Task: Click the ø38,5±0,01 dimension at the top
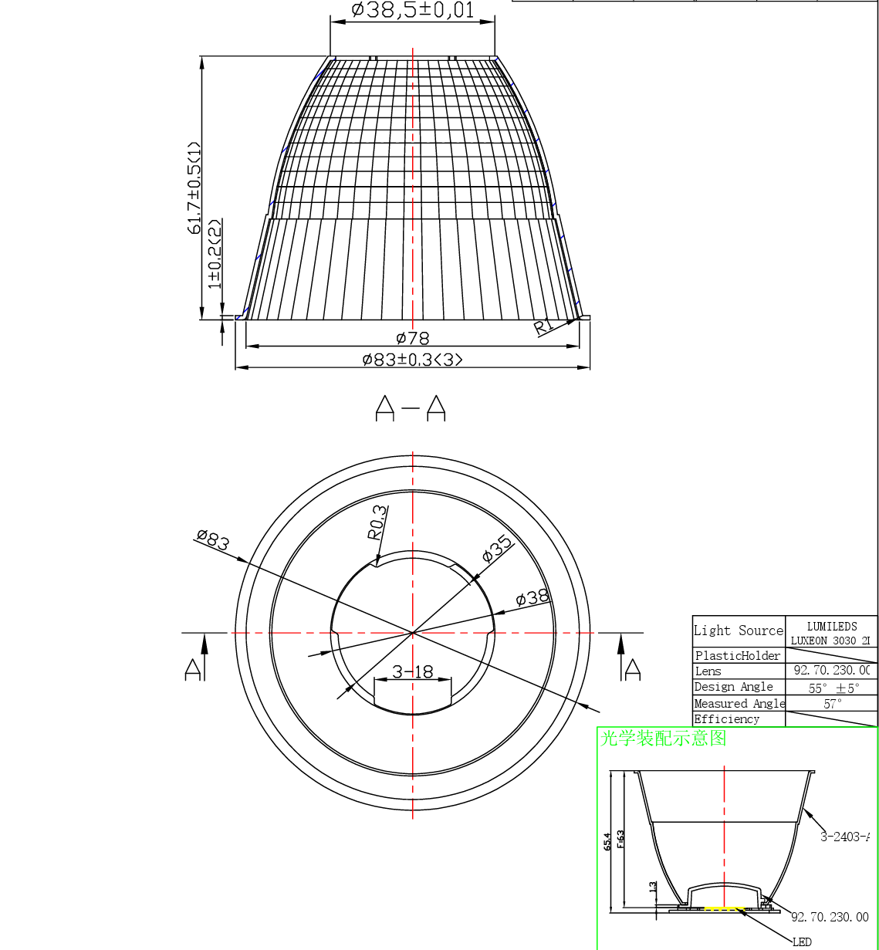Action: tap(412, 10)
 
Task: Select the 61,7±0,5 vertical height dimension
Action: tap(194, 188)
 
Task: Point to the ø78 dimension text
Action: tap(413, 338)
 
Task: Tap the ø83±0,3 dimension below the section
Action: tap(413, 360)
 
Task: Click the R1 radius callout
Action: tap(543, 326)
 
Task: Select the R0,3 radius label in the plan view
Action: tap(377, 522)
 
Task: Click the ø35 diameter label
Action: tap(497, 547)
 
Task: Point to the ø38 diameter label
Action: tap(532, 597)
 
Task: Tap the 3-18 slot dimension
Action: tap(413, 671)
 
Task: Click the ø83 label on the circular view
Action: tap(213, 539)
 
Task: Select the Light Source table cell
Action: tap(739, 631)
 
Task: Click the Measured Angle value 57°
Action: tap(832, 704)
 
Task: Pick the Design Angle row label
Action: tap(734, 687)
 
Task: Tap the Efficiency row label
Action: tap(727, 719)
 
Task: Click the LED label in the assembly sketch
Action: tap(802, 942)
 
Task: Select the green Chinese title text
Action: tap(664, 739)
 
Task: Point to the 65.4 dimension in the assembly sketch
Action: tap(607, 841)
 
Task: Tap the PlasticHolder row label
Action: tap(738, 656)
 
